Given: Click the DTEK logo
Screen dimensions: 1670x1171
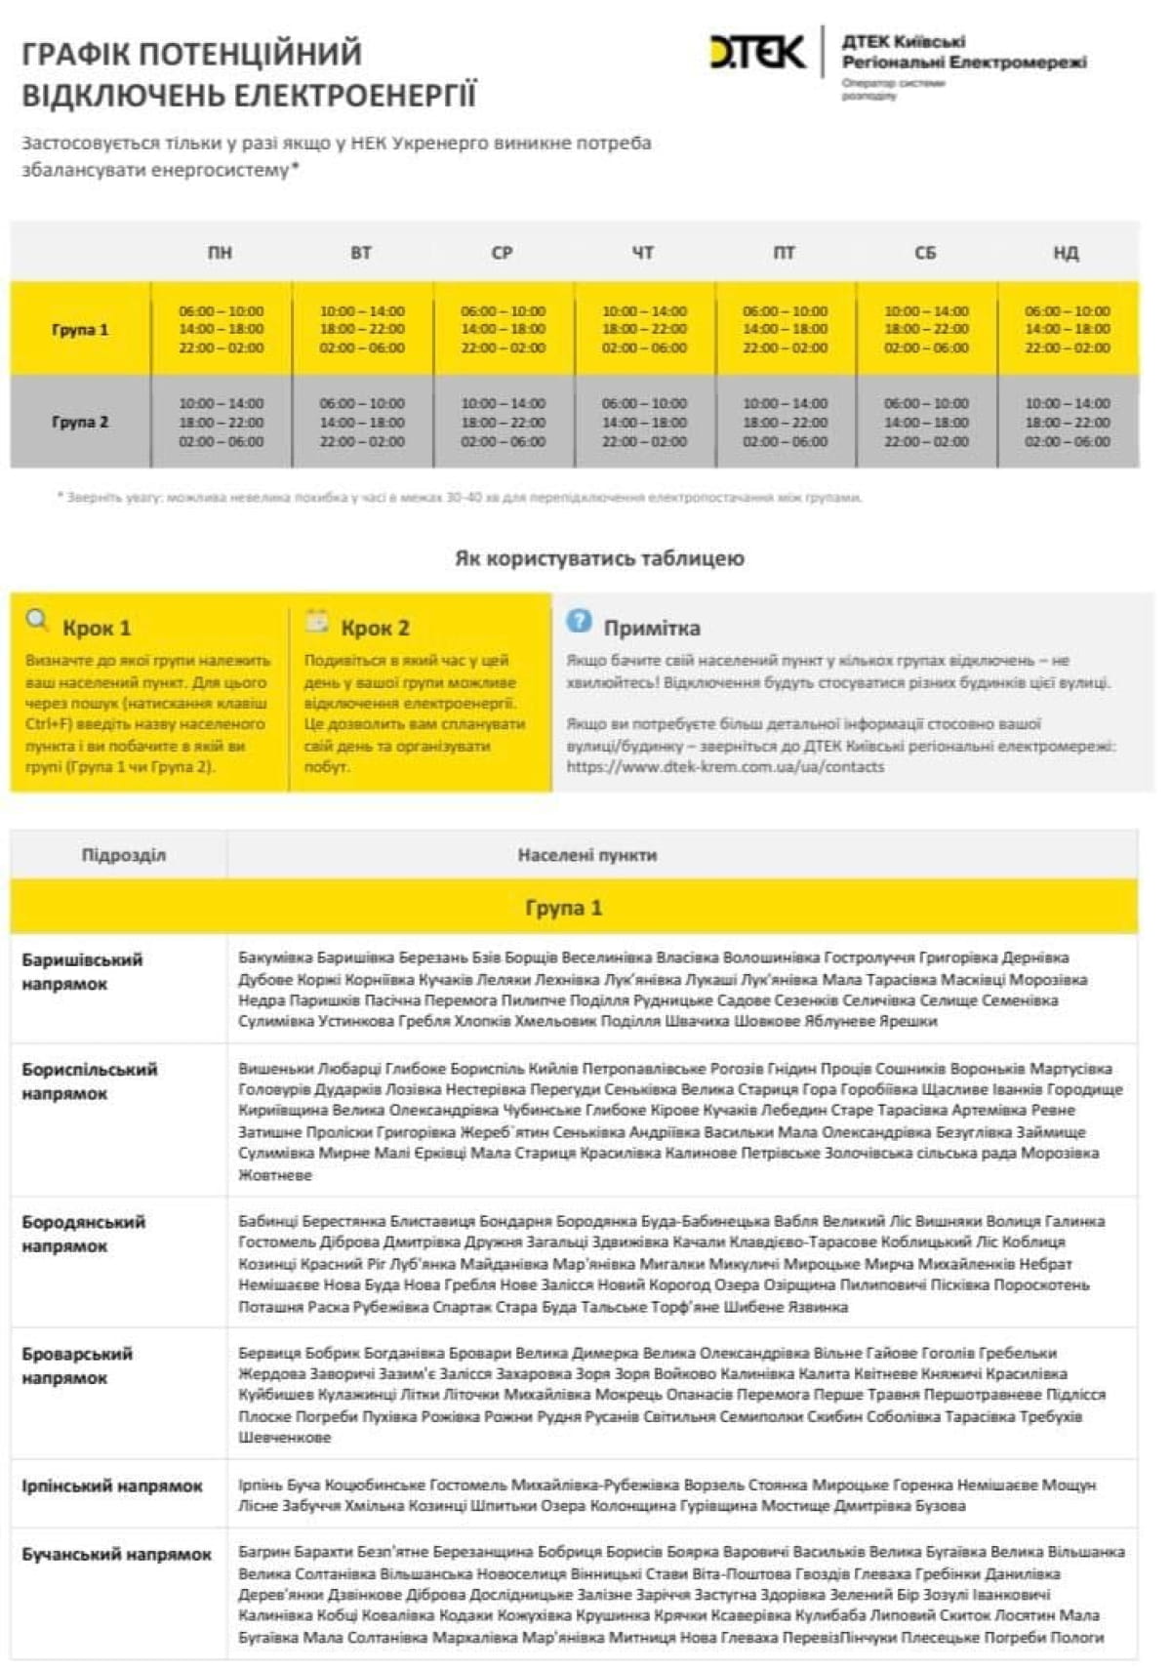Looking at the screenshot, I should pyautogui.click(x=757, y=53).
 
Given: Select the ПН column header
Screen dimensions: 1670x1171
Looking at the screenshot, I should pyautogui.click(x=220, y=253).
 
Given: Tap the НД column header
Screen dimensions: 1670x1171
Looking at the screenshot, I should pyautogui.click(x=1066, y=253).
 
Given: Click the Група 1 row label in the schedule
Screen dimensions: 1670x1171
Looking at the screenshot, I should pyautogui.click(x=80, y=330).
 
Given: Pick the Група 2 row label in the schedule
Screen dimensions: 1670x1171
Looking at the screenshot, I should pyautogui.click(x=80, y=423).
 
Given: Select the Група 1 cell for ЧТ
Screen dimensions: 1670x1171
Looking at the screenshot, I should pyautogui.click(x=644, y=330).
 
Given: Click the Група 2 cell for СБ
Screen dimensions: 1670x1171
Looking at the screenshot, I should pyautogui.click(x=926, y=423).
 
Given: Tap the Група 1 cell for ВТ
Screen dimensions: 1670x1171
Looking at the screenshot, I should pyautogui.click(x=362, y=330).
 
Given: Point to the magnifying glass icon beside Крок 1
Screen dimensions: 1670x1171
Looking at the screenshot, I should pyautogui.click(x=38, y=621).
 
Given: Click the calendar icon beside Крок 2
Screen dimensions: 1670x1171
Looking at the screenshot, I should pyautogui.click(x=317, y=621).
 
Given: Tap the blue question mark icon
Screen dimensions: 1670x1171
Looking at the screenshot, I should pyautogui.click(x=579, y=621).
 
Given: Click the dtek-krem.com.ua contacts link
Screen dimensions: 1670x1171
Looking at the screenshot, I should pyautogui.click(x=725, y=767).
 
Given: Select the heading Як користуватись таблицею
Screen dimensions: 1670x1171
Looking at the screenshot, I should pyautogui.click(x=599, y=558).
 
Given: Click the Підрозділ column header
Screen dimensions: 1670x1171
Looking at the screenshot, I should pyautogui.click(x=123, y=855).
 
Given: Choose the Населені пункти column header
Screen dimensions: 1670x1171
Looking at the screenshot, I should pyautogui.click(x=586, y=855).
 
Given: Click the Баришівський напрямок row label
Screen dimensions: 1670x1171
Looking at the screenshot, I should pyautogui.click(x=82, y=972).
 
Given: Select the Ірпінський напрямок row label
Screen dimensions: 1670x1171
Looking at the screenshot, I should pyautogui.click(x=112, y=1487).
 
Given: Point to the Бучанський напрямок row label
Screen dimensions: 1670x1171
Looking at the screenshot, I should pyautogui.click(x=116, y=1555).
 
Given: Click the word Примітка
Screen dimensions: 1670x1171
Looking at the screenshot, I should pyautogui.click(x=651, y=628).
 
